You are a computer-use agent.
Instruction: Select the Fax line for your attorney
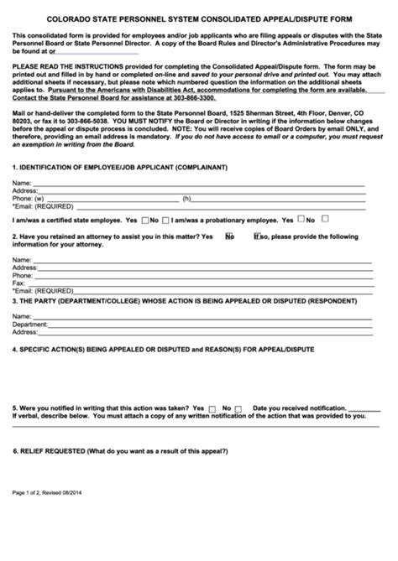pos(202,283)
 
